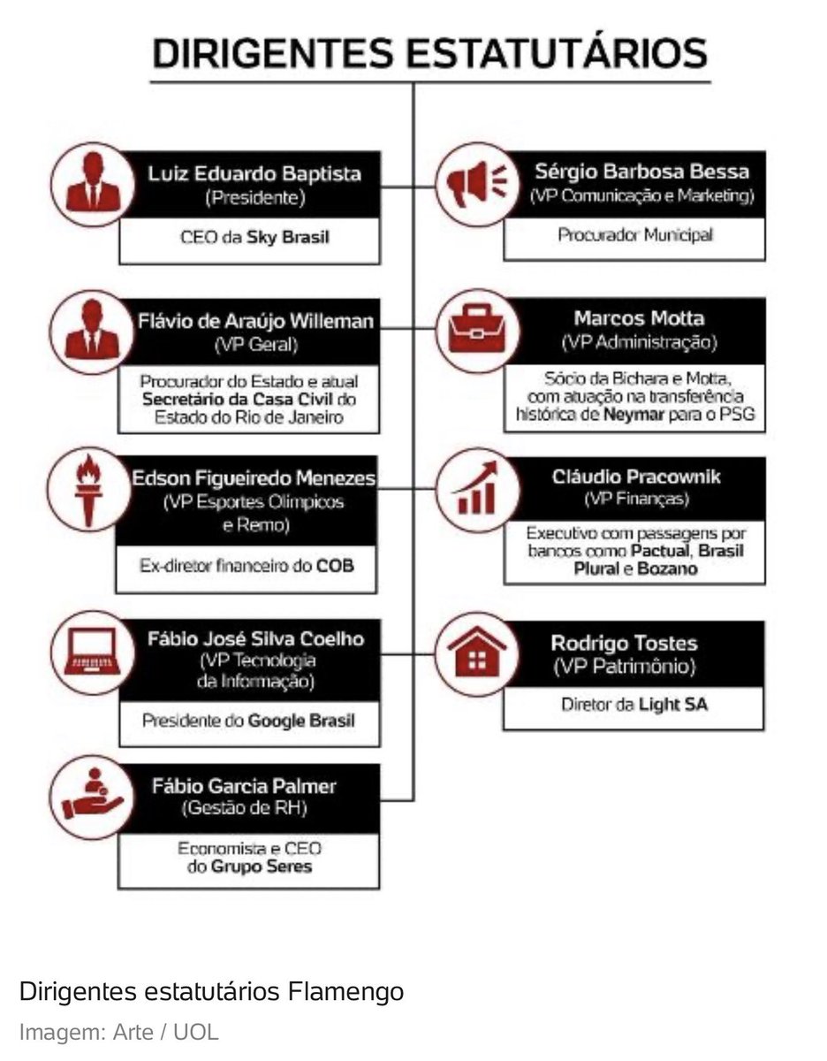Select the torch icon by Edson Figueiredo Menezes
87,489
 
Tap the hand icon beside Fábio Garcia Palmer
87,795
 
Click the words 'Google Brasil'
301,721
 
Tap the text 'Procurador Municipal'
634,235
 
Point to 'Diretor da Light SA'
634,705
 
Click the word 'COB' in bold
335,564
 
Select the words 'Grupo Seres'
261,866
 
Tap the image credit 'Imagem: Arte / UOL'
118,1032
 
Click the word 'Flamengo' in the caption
345,992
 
